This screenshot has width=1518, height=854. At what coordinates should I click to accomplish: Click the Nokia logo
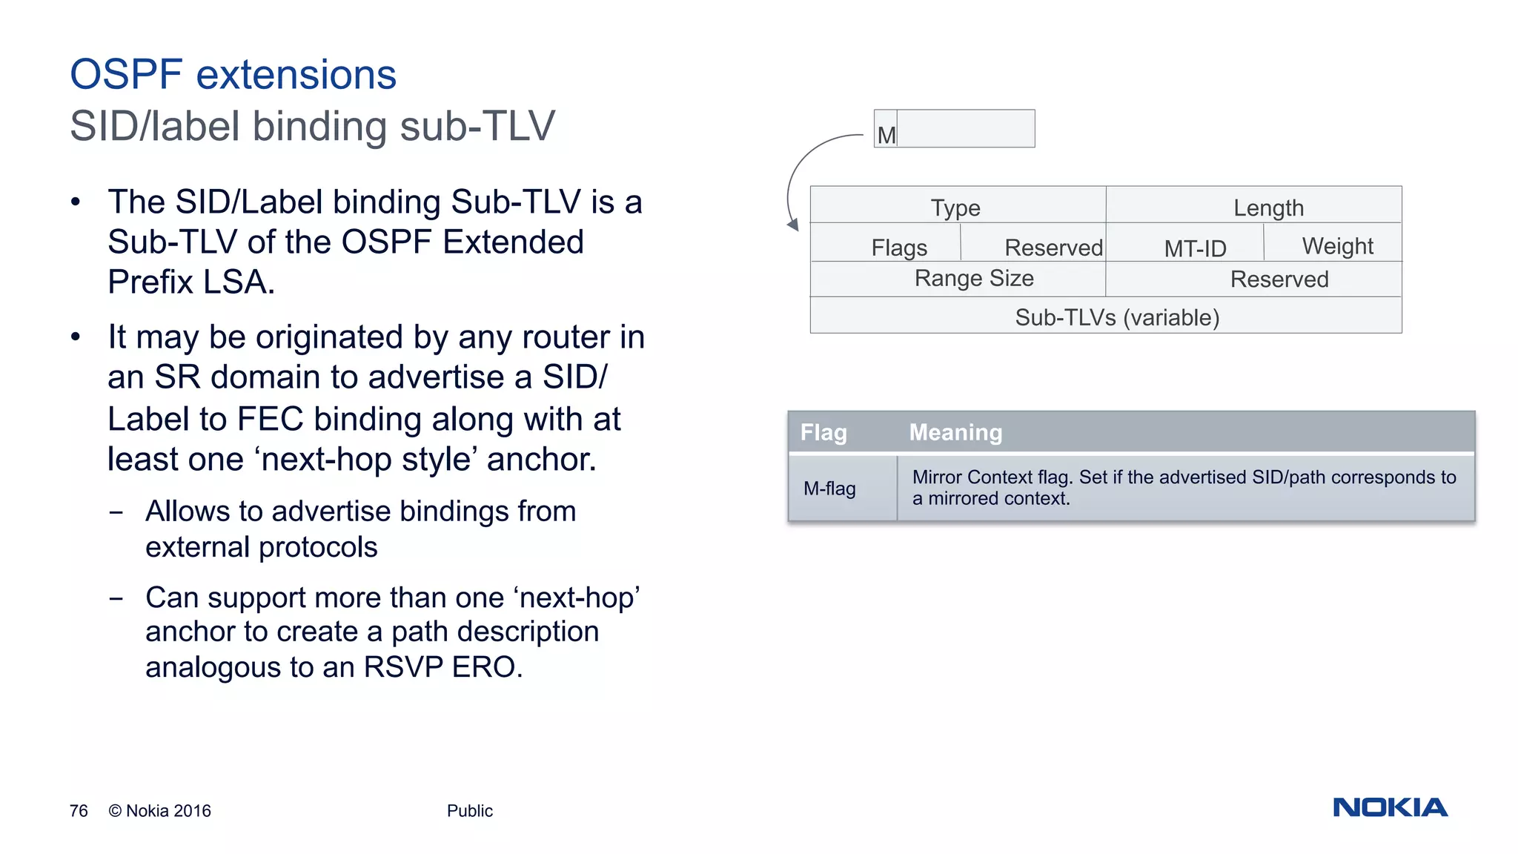click(1390, 807)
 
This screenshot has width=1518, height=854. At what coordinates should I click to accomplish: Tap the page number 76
click(79, 811)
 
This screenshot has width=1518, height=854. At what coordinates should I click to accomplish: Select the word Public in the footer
click(469, 811)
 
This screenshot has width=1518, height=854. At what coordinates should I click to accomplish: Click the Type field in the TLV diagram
click(956, 207)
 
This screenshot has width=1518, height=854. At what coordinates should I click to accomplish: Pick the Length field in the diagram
click(1268, 208)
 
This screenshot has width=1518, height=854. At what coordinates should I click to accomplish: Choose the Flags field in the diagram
click(899, 247)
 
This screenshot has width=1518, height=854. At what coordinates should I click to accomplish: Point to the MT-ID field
click(1195, 248)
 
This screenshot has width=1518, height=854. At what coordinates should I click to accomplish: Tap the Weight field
click(1337, 245)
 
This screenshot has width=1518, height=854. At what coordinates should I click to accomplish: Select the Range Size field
click(974, 279)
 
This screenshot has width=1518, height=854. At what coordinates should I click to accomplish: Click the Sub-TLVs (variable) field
click(1117, 317)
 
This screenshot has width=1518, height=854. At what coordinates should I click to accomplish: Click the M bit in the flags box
click(886, 135)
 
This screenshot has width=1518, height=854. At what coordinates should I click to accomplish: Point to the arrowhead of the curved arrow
click(794, 225)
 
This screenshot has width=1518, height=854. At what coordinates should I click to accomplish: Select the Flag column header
click(823, 432)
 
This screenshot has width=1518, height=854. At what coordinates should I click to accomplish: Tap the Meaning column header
click(955, 432)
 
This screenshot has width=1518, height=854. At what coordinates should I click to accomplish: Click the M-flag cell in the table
click(829, 489)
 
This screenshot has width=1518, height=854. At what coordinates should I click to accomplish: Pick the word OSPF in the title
click(126, 74)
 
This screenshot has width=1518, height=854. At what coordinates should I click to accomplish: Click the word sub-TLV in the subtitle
click(477, 126)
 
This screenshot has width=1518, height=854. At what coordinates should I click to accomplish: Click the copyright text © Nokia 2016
click(159, 811)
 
